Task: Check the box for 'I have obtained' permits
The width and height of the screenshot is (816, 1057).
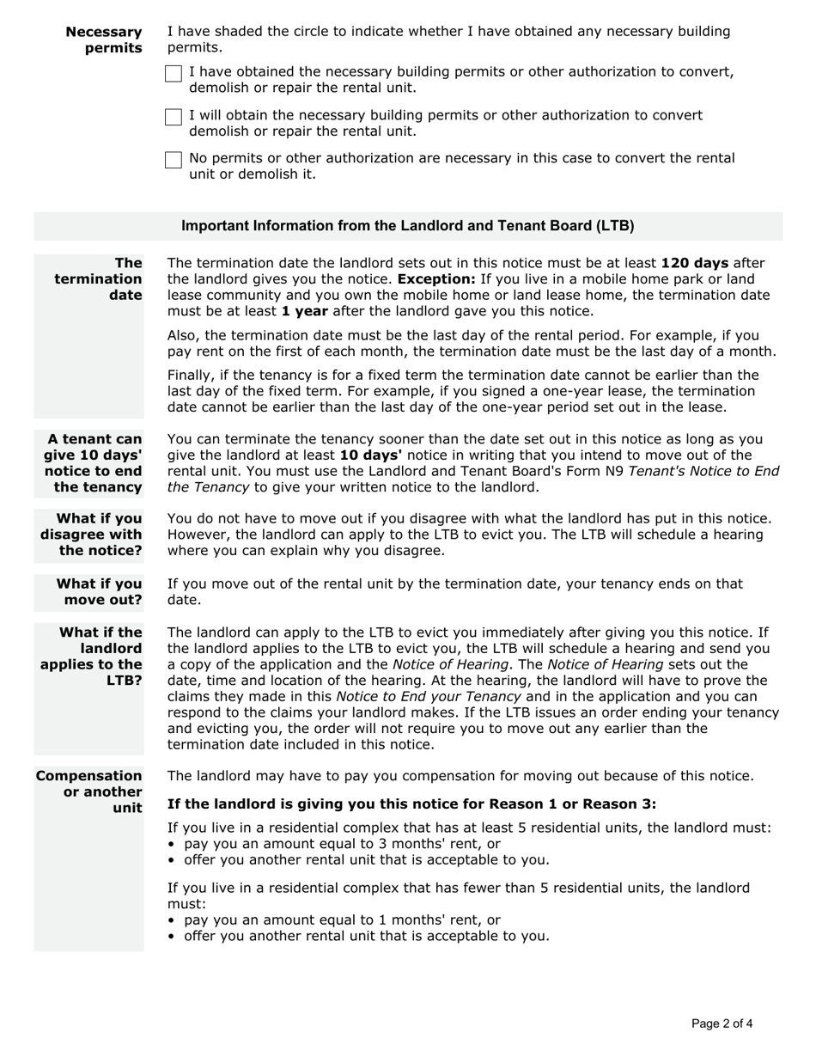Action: point(174,74)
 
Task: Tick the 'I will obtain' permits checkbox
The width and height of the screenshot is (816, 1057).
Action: point(174,117)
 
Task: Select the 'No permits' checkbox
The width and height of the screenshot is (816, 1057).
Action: point(174,160)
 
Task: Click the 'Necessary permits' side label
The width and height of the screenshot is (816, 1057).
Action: point(104,40)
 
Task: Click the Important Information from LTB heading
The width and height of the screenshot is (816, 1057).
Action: point(408,226)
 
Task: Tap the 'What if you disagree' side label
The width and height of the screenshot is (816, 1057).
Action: point(91,535)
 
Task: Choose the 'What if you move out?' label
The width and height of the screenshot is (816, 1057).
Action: point(99,591)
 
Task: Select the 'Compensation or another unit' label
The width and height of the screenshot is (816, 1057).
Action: point(89,791)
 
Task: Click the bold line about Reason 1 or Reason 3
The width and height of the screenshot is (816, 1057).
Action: point(411,804)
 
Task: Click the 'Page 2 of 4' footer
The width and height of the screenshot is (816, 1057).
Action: point(722,1023)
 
